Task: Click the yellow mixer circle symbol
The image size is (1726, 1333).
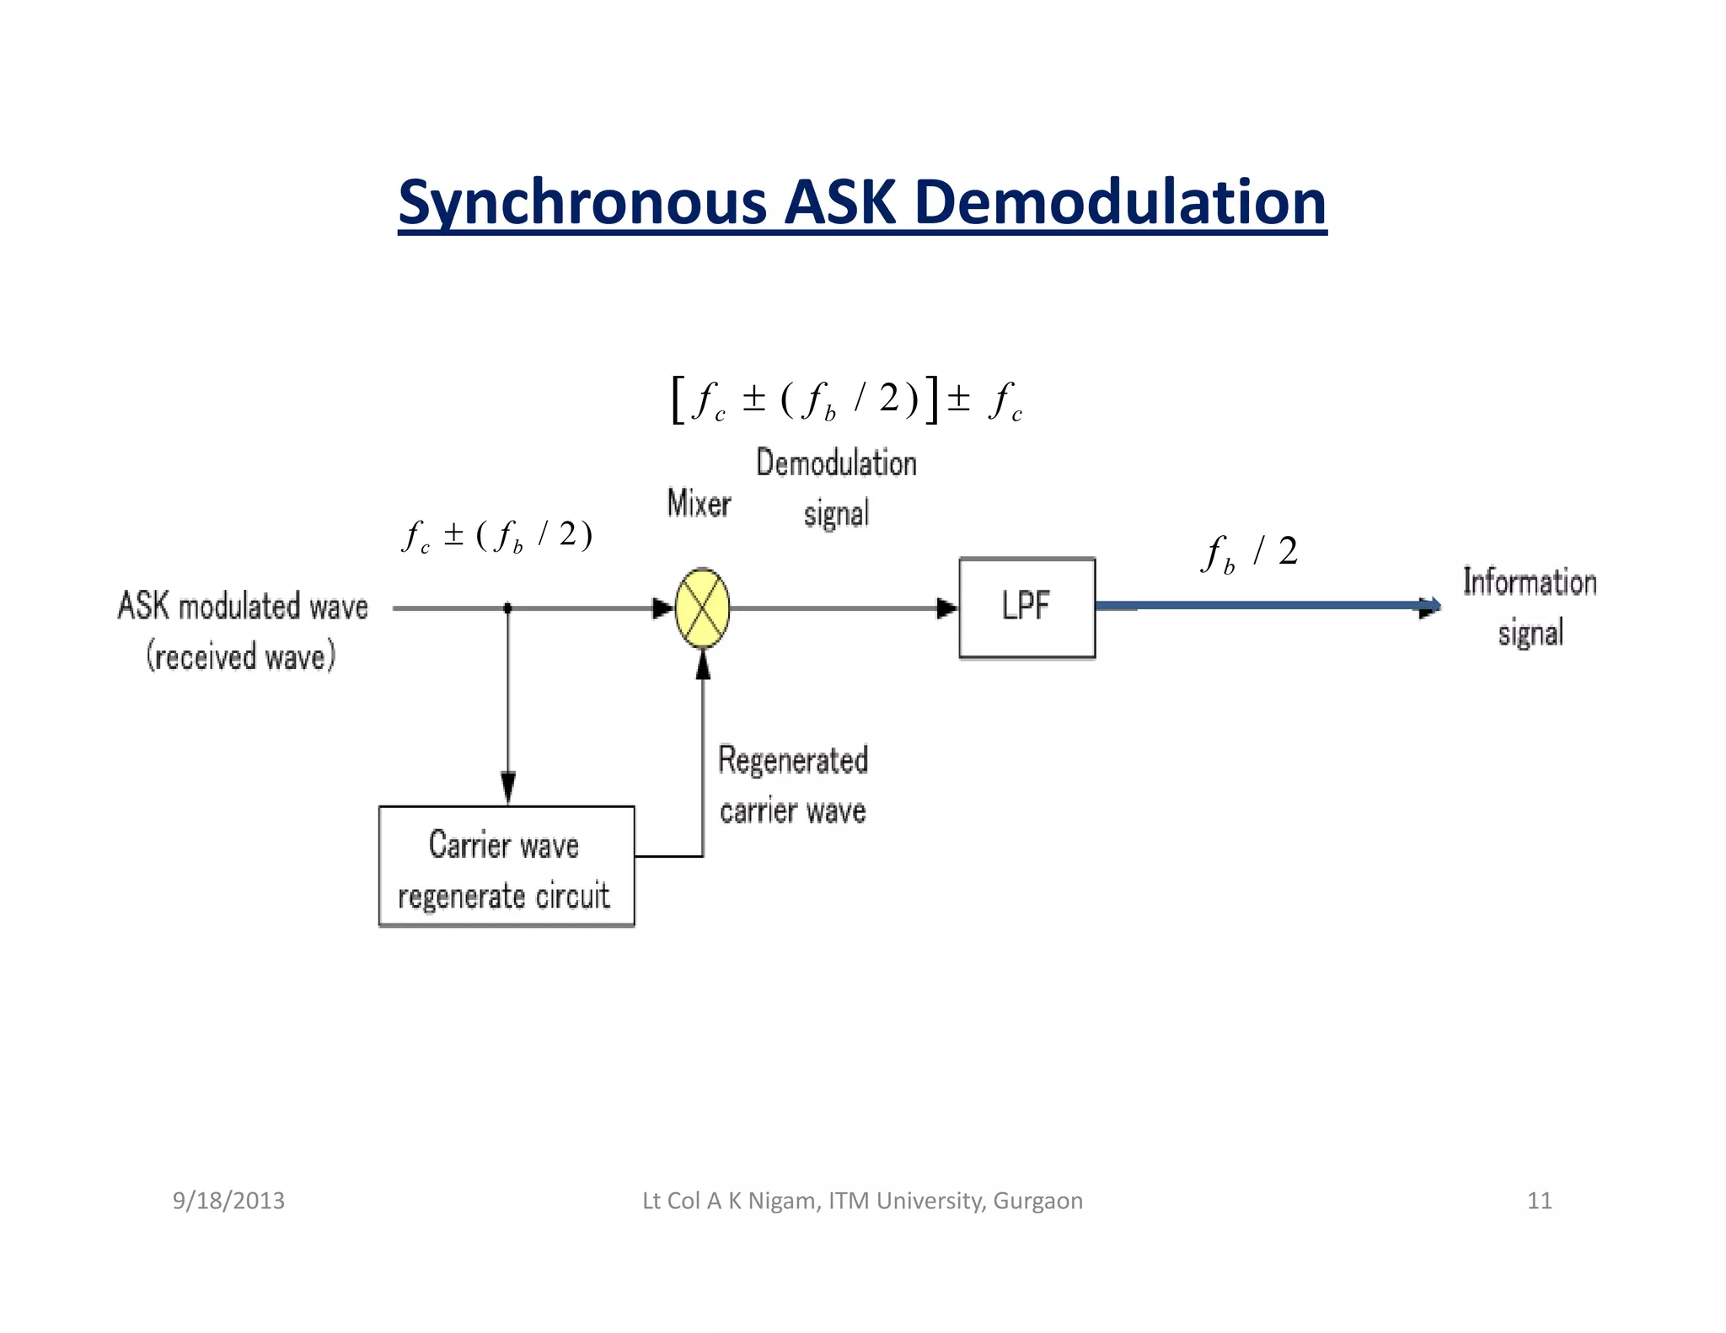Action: (702, 608)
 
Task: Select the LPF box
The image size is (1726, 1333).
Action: (1026, 607)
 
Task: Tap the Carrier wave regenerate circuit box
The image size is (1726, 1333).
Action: (506, 866)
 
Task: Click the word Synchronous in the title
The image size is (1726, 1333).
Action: (582, 202)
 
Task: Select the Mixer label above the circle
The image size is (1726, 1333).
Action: (699, 503)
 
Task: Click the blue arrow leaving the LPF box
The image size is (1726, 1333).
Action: (1264, 605)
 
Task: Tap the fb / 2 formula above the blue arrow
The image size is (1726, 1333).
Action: (1250, 553)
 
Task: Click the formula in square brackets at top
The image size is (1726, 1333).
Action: (846, 400)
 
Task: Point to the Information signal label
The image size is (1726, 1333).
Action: (1530, 607)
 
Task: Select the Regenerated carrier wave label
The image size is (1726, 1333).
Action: (792, 784)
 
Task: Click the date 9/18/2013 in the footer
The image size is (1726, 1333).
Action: (228, 1200)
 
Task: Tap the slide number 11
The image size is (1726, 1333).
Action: (1539, 1200)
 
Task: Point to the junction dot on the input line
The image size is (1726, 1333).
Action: (507, 608)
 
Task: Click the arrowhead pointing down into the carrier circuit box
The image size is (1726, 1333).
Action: (508, 788)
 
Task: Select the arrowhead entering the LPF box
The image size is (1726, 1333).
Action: (947, 608)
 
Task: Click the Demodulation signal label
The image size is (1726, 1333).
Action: (836, 488)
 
